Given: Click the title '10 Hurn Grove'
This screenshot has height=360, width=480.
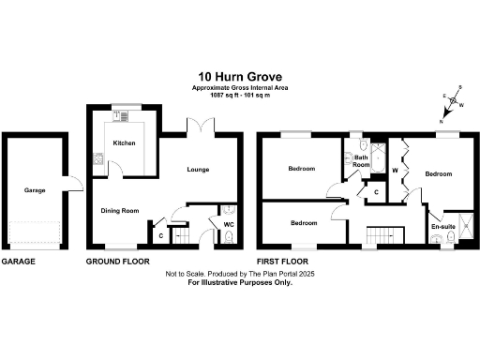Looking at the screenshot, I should coord(239,77).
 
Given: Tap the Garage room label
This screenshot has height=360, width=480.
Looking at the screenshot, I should coord(36,190).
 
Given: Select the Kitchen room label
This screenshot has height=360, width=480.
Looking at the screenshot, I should coord(125,143).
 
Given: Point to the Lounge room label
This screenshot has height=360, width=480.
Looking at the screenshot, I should coord(197,170).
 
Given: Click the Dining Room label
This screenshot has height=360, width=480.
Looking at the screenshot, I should coord(120,211).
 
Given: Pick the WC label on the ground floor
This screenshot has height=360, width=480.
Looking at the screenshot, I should coord(229,224).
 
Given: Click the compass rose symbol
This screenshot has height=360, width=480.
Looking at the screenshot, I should coord(454,101).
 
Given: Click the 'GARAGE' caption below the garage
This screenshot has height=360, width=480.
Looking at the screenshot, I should coord(18,262).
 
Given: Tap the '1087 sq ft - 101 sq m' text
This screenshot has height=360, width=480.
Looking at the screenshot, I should coord(239,97).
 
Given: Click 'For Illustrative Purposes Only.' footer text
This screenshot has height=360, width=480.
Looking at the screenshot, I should coord(241,281).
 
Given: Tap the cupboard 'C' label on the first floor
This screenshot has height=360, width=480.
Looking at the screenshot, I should coord(376,193).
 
